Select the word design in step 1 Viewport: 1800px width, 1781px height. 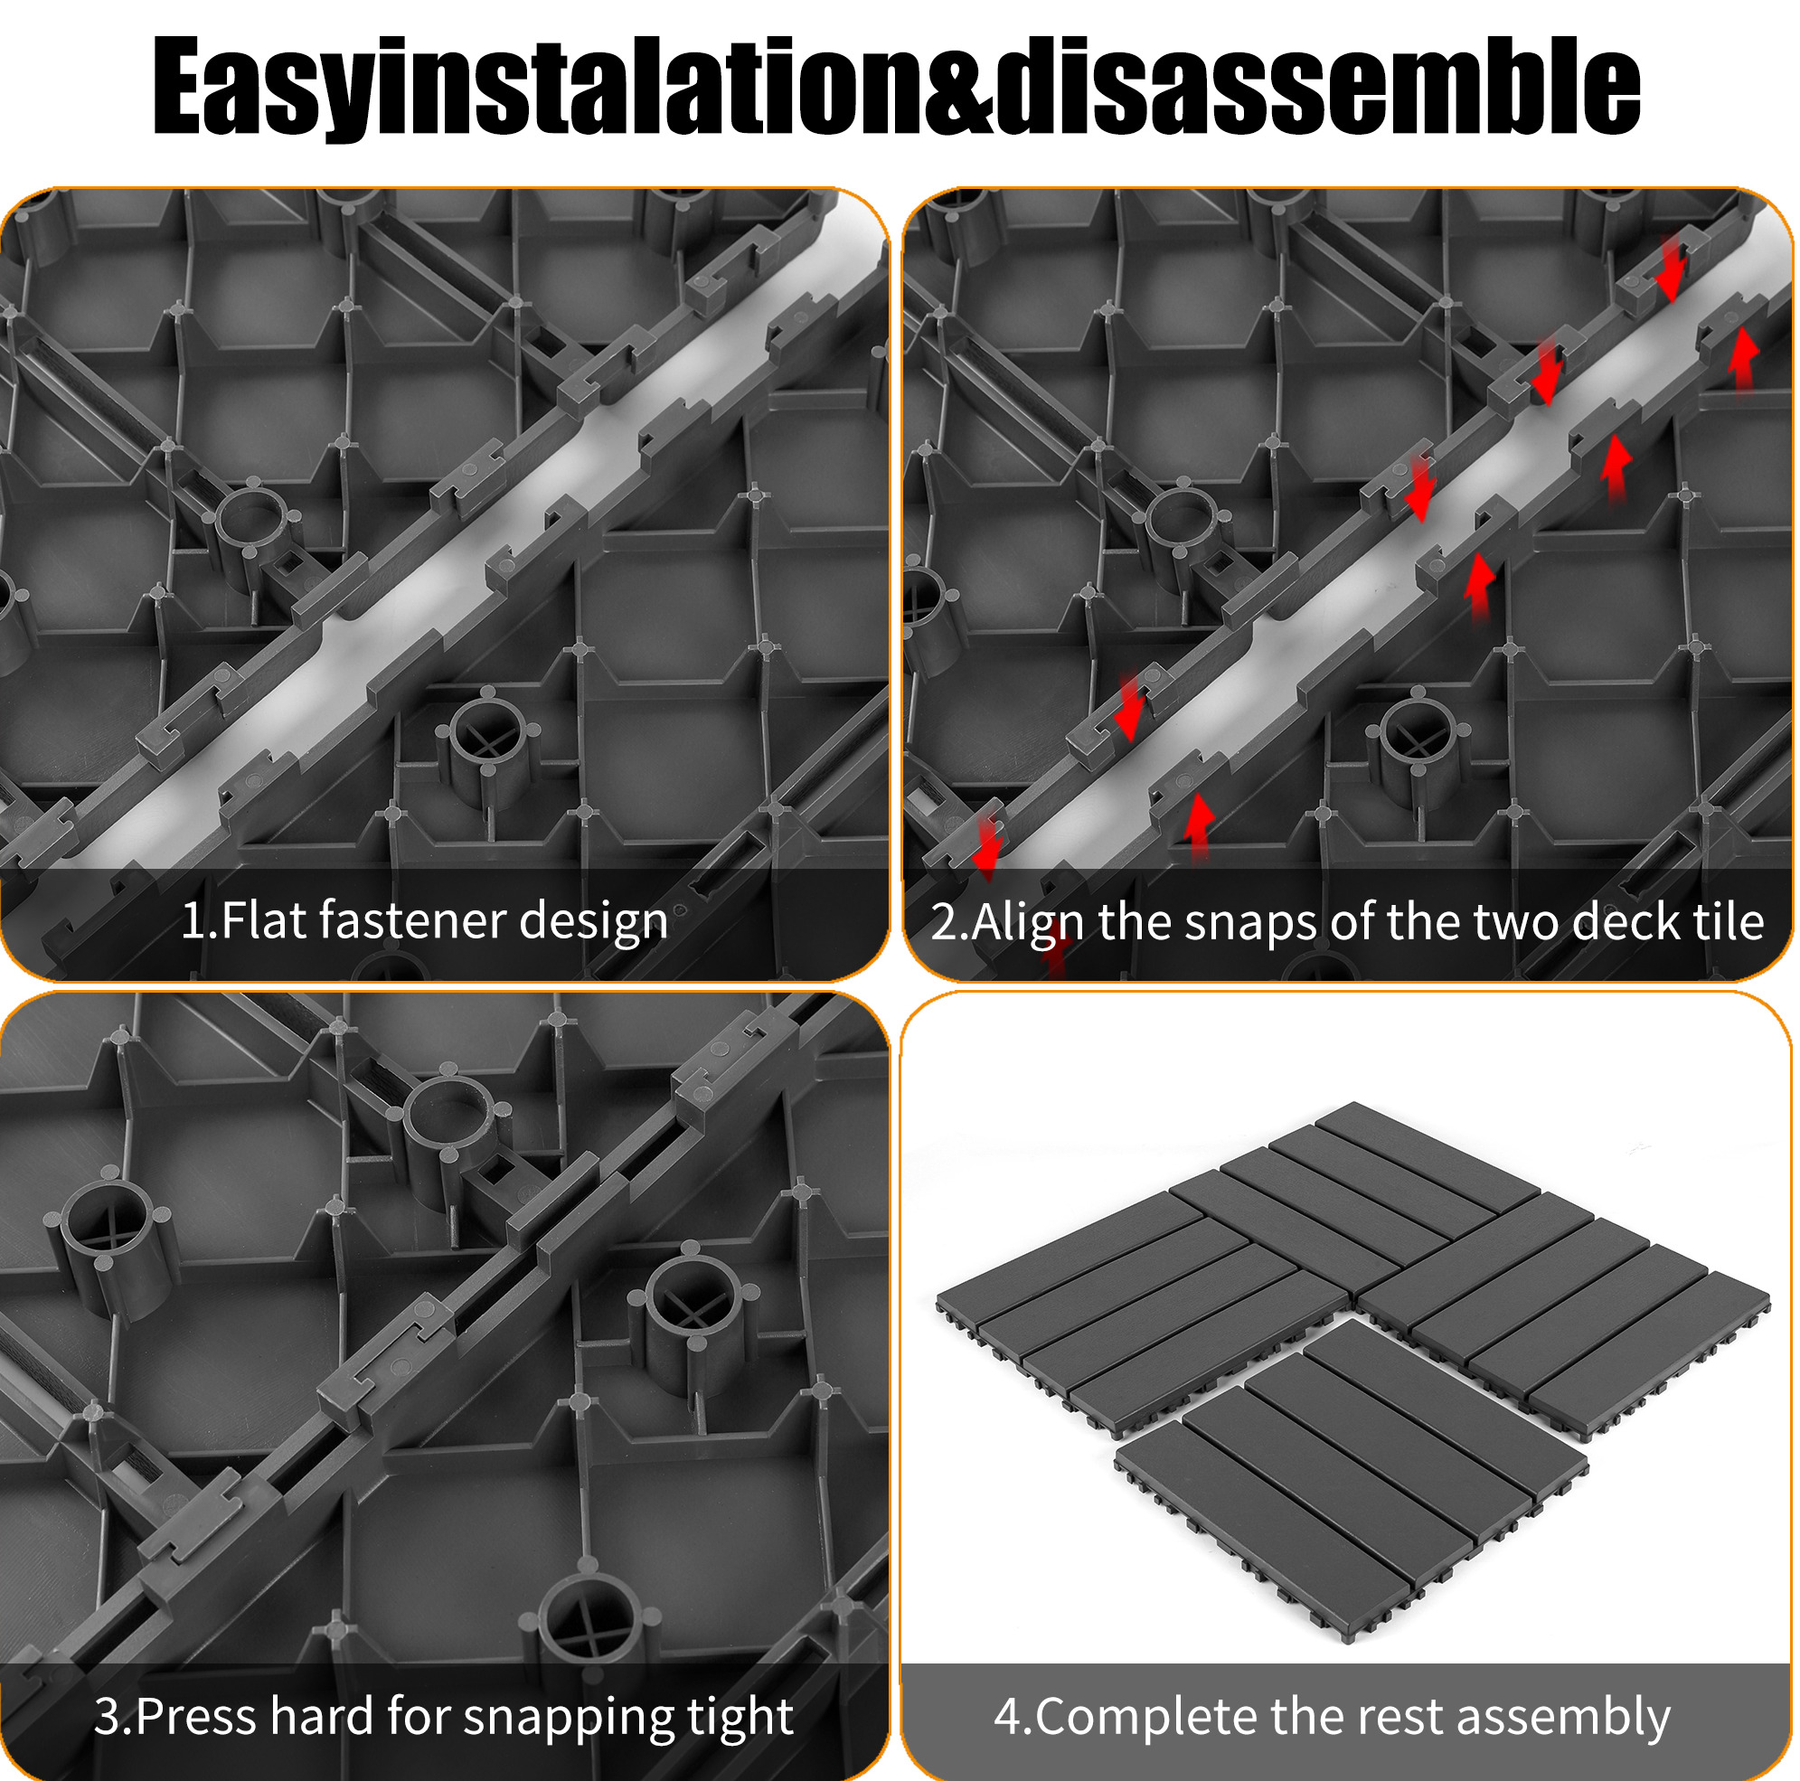(593, 922)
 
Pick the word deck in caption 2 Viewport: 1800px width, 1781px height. (1619, 922)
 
